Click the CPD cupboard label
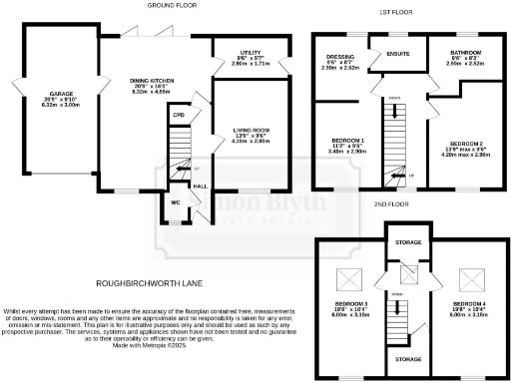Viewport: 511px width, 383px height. tap(179, 115)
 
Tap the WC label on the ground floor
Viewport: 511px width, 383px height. tap(175, 201)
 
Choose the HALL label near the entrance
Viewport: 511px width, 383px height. tap(199, 186)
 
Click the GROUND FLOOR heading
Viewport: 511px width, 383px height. tap(172, 6)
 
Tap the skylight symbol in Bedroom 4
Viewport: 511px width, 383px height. tap(467, 280)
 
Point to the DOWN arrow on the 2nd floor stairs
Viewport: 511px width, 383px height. tap(396, 296)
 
